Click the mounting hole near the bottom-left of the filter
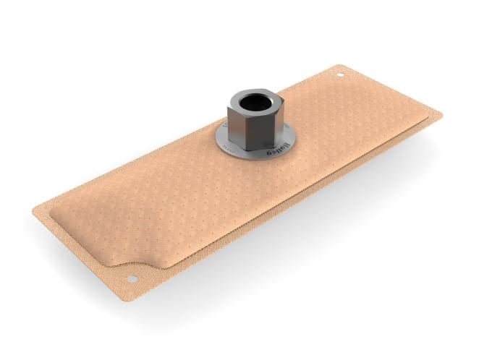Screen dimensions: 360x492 tap(132, 279)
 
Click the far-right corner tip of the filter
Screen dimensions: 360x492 tap(440, 116)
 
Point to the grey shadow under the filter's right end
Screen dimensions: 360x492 tap(405, 155)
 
